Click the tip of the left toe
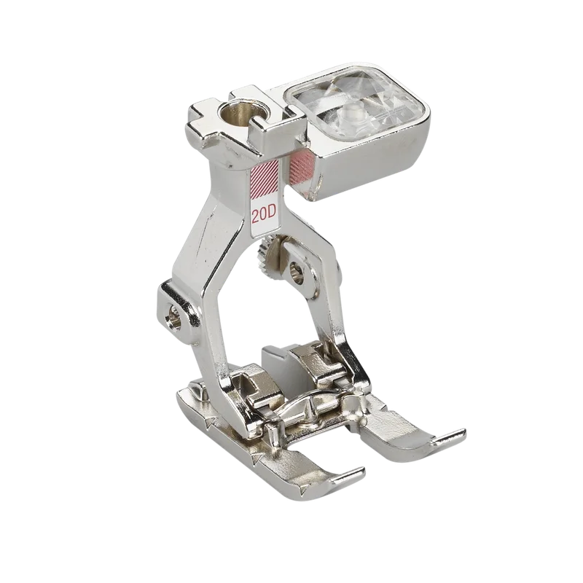pyautogui.click(x=362, y=469)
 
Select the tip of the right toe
pyautogui.click(x=463, y=432)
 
